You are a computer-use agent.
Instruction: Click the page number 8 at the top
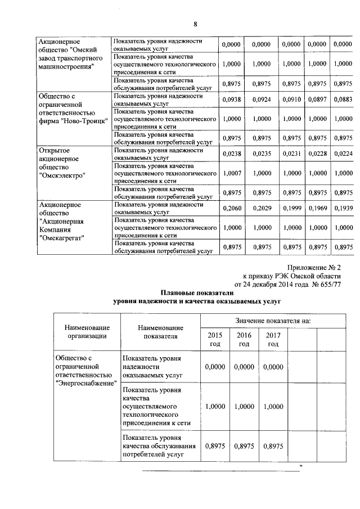pyautogui.click(x=196, y=24)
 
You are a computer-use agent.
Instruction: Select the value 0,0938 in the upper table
pyautogui.click(x=231, y=100)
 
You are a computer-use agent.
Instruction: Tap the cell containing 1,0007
pyautogui.click(x=231, y=174)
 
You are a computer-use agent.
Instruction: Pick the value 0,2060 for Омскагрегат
pyautogui.click(x=231, y=209)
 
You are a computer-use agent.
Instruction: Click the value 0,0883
pyautogui.click(x=343, y=100)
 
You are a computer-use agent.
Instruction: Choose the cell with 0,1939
pyautogui.click(x=343, y=209)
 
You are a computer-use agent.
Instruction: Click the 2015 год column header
pyautogui.click(x=215, y=339)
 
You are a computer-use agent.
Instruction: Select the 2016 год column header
pyautogui.click(x=244, y=339)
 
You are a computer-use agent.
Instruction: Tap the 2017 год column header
pyautogui.click(x=273, y=339)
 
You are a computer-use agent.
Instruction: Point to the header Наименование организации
pyautogui.click(x=87, y=332)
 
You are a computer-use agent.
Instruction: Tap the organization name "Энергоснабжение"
pyautogui.click(x=86, y=384)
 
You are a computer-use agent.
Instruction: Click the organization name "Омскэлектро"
pyautogui.click(x=62, y=175)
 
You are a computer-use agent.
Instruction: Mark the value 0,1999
pyautogui.click(x=291, y=209)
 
